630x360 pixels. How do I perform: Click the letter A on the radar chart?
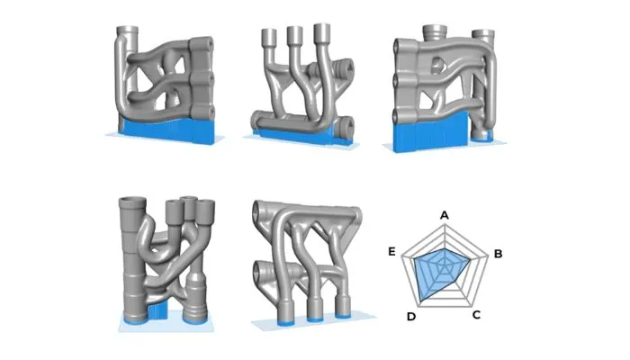[444, 215]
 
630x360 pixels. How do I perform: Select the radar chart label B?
[498, 254]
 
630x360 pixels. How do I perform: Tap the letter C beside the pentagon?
[476, 315]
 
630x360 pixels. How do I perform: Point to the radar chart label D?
[411, 317]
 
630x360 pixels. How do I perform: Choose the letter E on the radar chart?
[391, 251]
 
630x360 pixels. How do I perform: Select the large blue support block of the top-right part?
[430, 132]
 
